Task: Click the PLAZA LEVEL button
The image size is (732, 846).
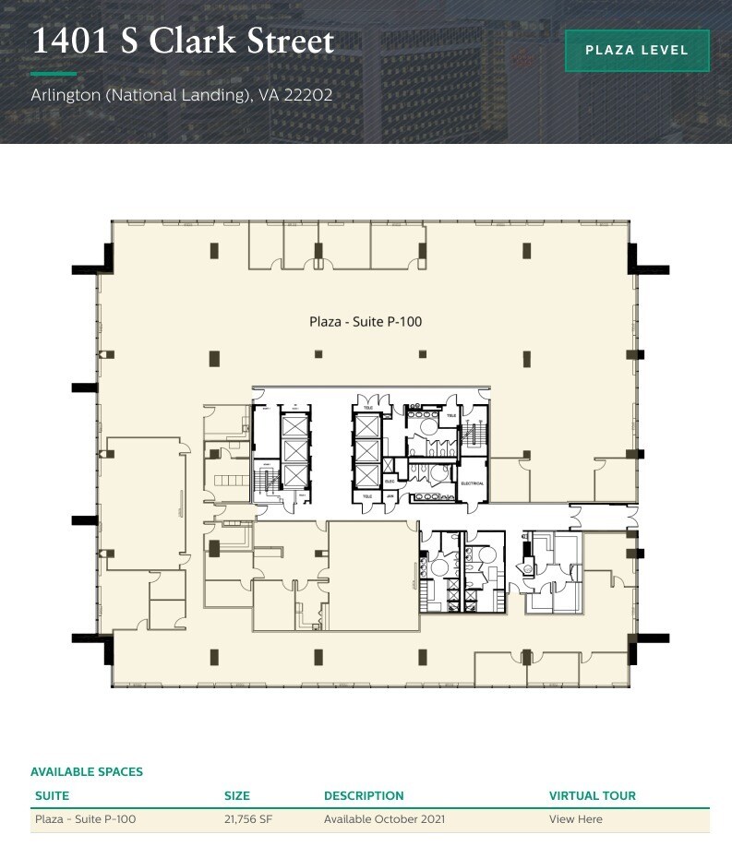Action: [637, 51]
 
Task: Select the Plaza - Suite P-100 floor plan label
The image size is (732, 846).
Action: [366, 322]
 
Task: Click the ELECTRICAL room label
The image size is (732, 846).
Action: [472, 483]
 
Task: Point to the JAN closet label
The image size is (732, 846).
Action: [390, 495]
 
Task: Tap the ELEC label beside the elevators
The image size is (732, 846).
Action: [390, 481]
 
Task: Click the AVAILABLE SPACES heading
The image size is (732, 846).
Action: [87, 771]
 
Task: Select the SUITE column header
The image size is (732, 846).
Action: [52, 795]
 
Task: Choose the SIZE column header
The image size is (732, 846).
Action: [237, 795]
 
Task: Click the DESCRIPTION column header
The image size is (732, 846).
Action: [364, 795]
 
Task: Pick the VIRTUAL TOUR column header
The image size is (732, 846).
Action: [592, 795]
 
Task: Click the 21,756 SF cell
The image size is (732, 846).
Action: [247, 819]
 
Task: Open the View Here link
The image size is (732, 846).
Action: [575, 819]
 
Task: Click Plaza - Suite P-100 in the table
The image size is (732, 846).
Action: [85, 819]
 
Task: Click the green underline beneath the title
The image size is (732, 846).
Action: [54, 73]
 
